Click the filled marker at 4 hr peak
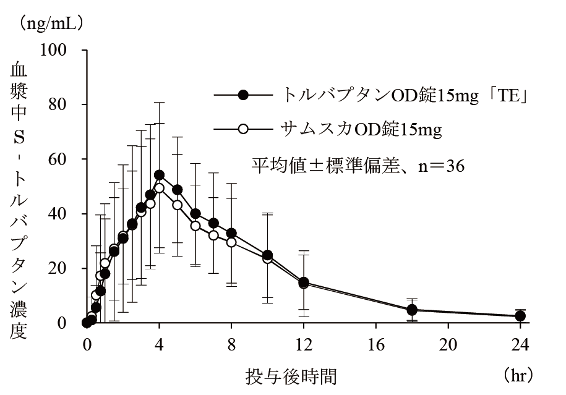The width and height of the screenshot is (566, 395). pyautogui.click(x=159, y=175)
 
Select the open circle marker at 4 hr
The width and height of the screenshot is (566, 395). pyautogui.click(x=159, y=188)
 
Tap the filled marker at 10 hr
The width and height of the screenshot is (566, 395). pyautogui.click(x=268, y=255)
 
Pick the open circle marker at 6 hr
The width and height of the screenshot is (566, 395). pyautogui.click(x=195, y=226)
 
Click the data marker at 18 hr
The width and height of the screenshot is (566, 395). pyautogui.click(x=413, y=310)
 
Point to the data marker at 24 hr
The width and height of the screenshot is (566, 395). pyautogui.click(x=521, y=316)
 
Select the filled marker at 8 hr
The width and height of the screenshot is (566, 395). pyautogui.click(x=231, y=233)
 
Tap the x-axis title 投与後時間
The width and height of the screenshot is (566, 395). pyautogui.click(x=292, y=375)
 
